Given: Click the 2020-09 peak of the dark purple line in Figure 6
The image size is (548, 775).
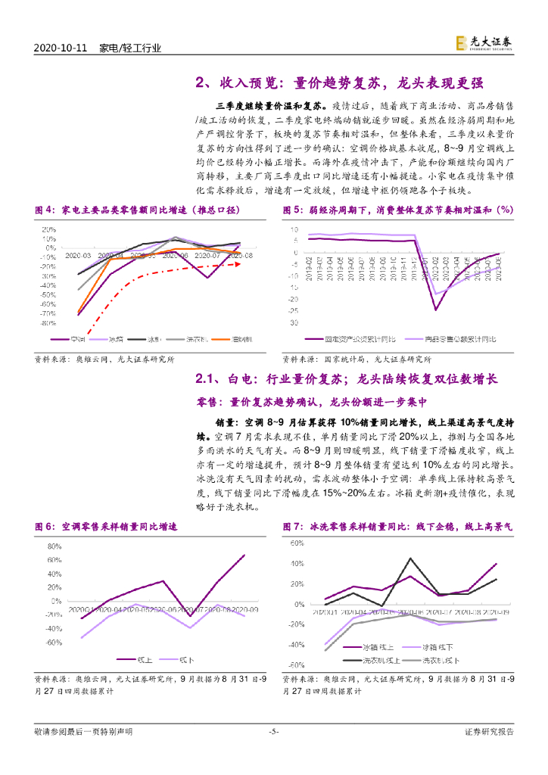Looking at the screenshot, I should (x=244, y=555).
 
